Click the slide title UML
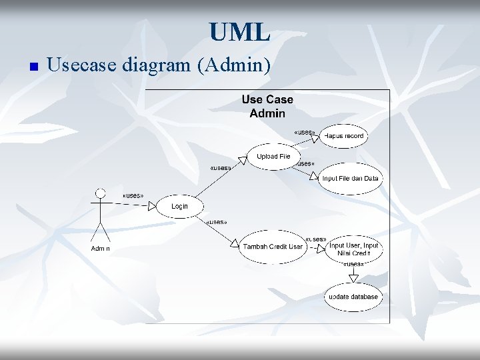tap(239, 32)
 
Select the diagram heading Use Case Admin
tap(267, 106)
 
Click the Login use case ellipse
tap(179, 207)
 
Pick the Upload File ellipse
tap(273, 157)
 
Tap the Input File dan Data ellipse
tap(350, 179)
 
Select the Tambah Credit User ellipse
tap(273, 247)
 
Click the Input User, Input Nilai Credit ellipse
tap(353, 249)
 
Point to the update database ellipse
tap(353, 297)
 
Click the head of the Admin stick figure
tap(101, 193)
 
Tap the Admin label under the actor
tap(101, 249)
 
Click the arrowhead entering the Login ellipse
tap(153, 207)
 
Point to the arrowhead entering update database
tap(353, 278)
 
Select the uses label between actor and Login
tap(133, 195)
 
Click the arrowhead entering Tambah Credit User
tap(234, 245)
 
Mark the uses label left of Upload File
tap(220, 168)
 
